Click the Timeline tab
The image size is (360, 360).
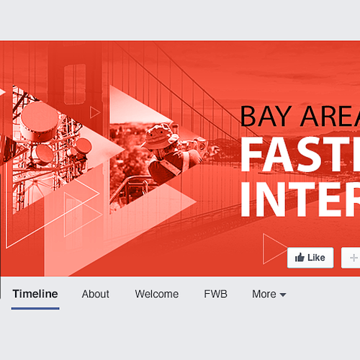click(x=35, y=294)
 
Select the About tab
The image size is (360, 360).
click(x=95, y=294)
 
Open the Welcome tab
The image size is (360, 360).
click(x=156, y=294)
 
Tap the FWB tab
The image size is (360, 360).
click(x=215, y=294)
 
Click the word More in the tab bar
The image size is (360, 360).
click(x=264, y=294)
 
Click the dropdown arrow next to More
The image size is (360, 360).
click(x=283, y=295)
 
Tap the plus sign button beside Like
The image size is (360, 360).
click(x=354, y=258)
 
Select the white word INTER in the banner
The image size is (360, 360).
click(x=299, y=197)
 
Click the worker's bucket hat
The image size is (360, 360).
click(x=159, y=134)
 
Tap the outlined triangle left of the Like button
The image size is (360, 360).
click(x=273, y=249)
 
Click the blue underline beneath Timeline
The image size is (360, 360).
click(x=35, y=308)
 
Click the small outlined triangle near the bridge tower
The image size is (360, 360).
click(x=94, y=112)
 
